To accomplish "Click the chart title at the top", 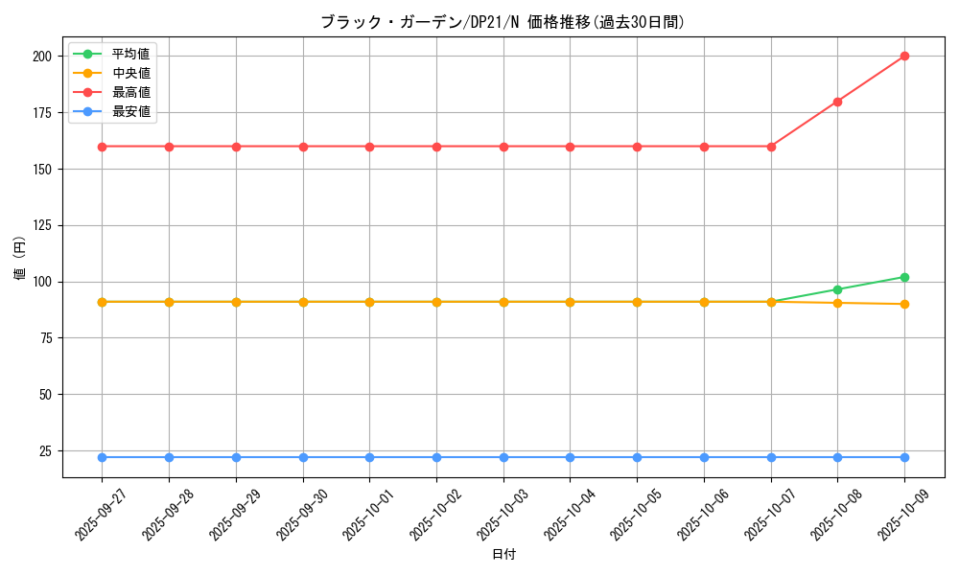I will pyautogui.click(x=502, y=22).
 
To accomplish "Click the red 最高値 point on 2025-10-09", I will pyautogui.click(x=904, y=56).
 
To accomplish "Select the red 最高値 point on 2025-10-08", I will pyautogui.click(x=837, y=102).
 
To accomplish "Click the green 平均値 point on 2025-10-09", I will pyautogui.click(x=904, y=277).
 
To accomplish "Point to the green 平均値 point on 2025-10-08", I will pyautogui.click(x=837, y=289).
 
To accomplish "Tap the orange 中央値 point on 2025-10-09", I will pyautogui.click(x=904, y=304).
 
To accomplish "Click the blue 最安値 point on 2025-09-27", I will pyautogui.click(x=102, y=457).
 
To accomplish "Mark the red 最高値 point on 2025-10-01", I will pyautogui.click(x=369, y=147).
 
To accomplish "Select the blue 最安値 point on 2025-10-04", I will pyautogui.click(x=570, y=457).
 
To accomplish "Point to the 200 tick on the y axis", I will pyautogui.click(x=41, y=57).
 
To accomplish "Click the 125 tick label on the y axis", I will pyautogui.click(x=41, y=225).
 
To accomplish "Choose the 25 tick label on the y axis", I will pyautogui.click(x=45, y=451).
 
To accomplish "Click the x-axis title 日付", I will pyautogui.click(x=503, y=555).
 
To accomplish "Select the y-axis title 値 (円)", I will pyautogui.click(x=20, y=258).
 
